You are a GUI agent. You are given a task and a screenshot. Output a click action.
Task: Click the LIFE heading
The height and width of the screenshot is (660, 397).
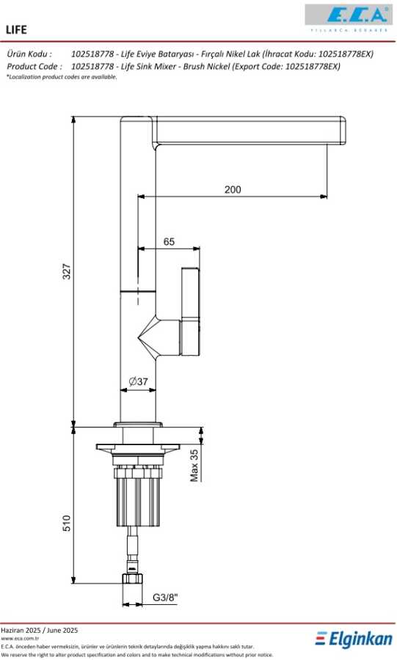click(x=16, y=29)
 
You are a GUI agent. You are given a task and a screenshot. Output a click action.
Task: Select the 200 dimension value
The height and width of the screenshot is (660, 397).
click(x=233, y=189)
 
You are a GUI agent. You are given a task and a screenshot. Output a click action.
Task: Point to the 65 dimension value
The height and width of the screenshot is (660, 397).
click(x=169, y=241)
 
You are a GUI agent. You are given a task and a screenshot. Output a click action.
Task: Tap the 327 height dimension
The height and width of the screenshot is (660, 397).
click(x=67, y=271)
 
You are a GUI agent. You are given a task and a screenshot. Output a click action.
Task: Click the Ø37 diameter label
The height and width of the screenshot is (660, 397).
click(x=138, y=381)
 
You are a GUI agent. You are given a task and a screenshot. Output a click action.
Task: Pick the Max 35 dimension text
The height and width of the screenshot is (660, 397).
click(x=194, y=465)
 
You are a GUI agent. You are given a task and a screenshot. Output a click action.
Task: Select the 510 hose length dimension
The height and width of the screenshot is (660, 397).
click(x=67, y=523)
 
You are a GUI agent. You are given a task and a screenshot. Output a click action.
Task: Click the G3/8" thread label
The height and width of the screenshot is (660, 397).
click(x=164, y=597)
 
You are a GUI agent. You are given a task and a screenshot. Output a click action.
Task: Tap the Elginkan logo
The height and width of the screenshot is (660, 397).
click(x=354, y=639)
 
